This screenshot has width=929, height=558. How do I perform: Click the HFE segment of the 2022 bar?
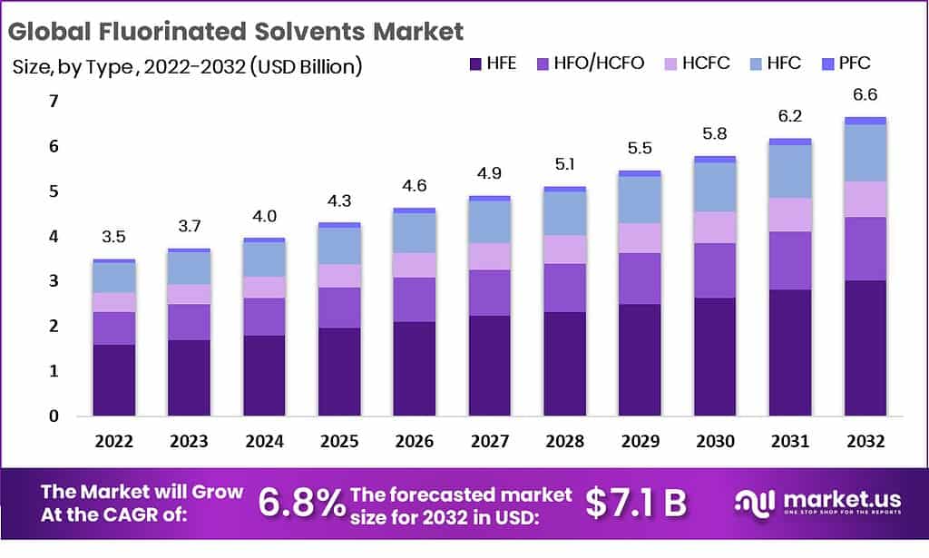113,380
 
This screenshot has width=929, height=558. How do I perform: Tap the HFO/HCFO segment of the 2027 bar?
489,292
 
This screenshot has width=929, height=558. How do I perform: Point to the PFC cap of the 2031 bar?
789,142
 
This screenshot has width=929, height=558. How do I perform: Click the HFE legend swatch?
475,64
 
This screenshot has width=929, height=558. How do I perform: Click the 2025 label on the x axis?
339,442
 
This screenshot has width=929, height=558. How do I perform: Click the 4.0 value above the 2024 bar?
264,217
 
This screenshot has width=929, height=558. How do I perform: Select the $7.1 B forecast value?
635,503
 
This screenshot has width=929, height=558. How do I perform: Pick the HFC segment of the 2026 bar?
414,232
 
